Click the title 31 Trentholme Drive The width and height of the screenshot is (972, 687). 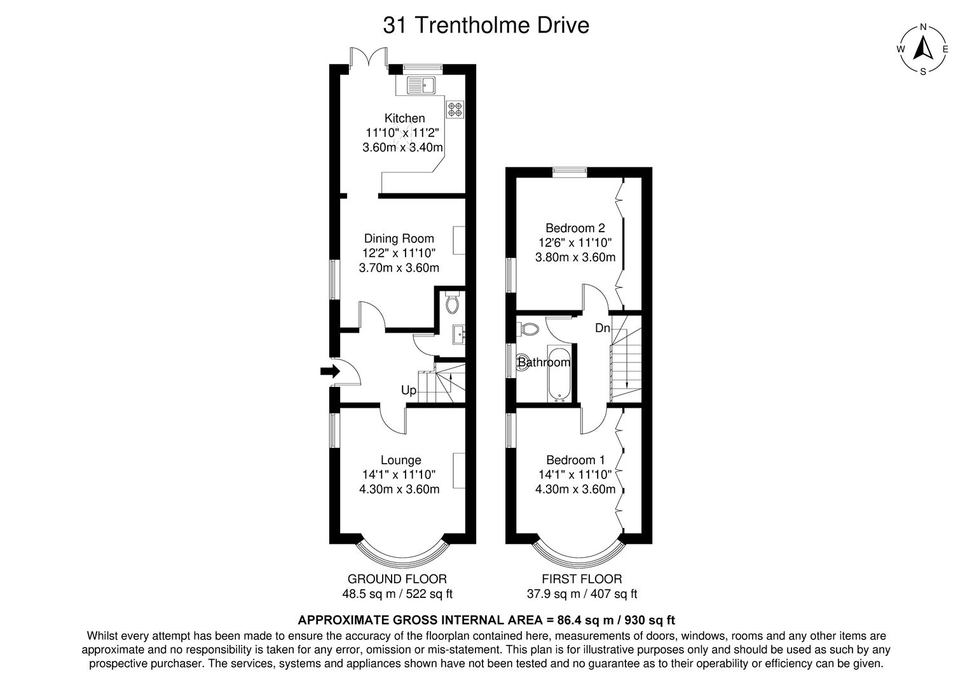[x=486, y=25]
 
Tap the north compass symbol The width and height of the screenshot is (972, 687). [x=923, y=49]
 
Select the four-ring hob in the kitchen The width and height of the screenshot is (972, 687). [x=455, y=109]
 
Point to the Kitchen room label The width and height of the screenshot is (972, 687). [x=404, y=118]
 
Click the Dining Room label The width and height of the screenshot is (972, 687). [x=399, y=239]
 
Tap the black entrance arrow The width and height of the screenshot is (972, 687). [x=330, y=372]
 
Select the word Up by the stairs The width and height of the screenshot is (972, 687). [x=408, y=390]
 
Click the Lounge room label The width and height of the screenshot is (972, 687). [x=400, y=460]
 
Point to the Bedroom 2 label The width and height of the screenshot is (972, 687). [x=575, y=228]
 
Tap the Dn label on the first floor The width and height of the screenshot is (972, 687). [x=602, y=328]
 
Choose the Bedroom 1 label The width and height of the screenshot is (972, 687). [x=575, y=460]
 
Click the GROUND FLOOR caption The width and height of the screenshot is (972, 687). [x=397, y=579]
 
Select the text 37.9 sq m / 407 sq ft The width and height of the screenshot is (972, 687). [x=582, y=594]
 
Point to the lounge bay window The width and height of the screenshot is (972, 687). [x=402, y=558]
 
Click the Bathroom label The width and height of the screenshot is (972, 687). [x=544, y=363]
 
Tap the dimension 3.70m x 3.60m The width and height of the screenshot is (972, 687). [x=399, y=268]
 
